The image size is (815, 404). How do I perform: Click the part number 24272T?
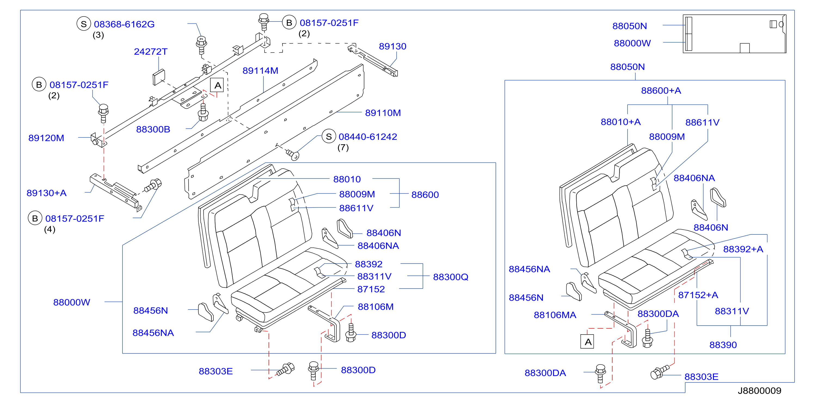pyautogui.click(x=150, y=52)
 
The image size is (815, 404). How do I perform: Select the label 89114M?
pyautogui.click(x=260, y=71)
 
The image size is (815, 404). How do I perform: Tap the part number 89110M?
pyautogui.click(x=383, y=113)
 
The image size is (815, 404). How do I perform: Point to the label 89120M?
pyautogui.click(x=46, y=138)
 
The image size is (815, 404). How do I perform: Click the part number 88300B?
pyautogui.click(x=153, y=129)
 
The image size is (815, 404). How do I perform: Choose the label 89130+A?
pyautogui.click(x=47, y=193)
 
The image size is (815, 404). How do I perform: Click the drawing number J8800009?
pyautogui.click(x=759, y=391)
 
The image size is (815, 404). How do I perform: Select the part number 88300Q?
pyautogui.click(x=451, y=277)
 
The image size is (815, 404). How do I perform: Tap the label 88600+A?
pyautogui.click(x=661, y=91)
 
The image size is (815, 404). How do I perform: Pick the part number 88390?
pyautogui.click(x=723, y=345)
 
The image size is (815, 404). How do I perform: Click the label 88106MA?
pyautogui.click(x=555, y=315)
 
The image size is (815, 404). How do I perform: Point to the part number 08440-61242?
pyautogui.click(x=368, y=137)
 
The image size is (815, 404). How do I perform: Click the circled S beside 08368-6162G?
pyautogui.click(x=84, y=24)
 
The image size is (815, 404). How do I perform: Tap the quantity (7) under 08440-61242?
pyautogui.click(x=343, y=148)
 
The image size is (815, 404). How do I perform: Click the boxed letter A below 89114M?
pyautogui.click(x=217, y=85)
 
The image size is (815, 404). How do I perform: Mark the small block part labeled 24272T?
pyautogui.click(x=159, y=77)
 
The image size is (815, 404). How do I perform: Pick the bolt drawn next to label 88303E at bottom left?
pyautogui.click(x=286, y=369)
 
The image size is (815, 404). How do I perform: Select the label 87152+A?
pyautogui.click(x=698, y=295)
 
